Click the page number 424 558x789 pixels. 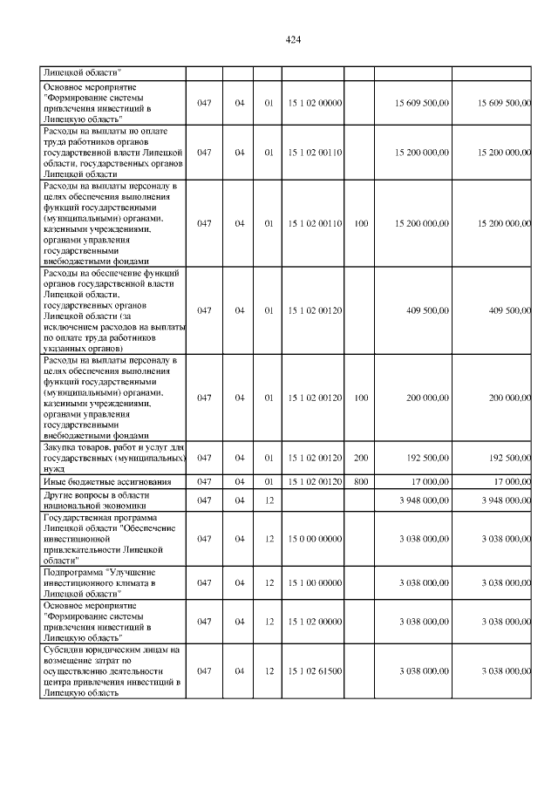point(293,41)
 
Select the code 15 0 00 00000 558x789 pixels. point(315,539)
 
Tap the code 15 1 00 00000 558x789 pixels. point(315,582)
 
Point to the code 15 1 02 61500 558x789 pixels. point(315,671)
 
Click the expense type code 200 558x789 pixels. point(361,457)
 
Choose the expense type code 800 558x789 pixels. point(361,481)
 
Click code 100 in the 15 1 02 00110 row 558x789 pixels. point(361,223)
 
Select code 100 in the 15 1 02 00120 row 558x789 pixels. point(361,398)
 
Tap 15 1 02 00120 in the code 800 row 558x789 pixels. point(315,481)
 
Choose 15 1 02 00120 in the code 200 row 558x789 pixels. point(315,457)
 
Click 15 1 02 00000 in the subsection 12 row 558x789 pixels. point(315,622)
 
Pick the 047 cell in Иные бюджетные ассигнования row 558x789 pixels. point(204,481)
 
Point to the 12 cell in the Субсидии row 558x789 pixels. point(269,671)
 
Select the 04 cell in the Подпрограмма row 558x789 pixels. point(240,582)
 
